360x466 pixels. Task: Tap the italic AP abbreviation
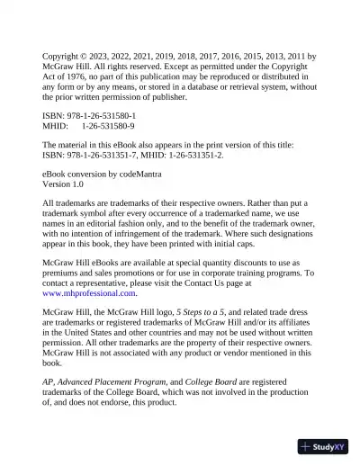(x=48, y=381)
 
